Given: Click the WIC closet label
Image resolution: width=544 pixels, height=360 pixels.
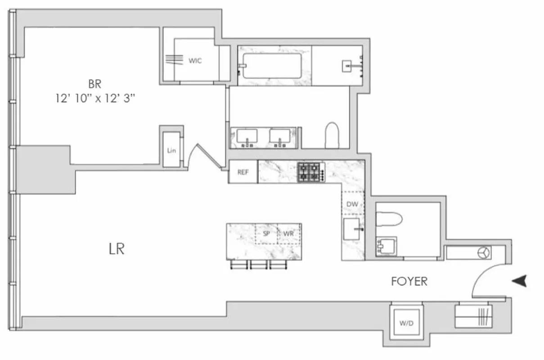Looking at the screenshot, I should pyautogui.click(x=195, y=61).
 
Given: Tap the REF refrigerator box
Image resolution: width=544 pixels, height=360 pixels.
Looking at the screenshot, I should pyautogui.click(x=243, y=171).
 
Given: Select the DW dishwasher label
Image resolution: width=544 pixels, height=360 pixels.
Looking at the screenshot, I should pyautogui.click(x=352, y=204).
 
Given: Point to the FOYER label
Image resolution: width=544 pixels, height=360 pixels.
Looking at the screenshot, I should pyautogui.click(x=409, y=282).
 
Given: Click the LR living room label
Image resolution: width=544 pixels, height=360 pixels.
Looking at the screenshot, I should pyautogui.click(x=116, y=249).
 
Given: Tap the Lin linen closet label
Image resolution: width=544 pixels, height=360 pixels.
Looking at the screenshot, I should pyautogui.click(x=171, y=151).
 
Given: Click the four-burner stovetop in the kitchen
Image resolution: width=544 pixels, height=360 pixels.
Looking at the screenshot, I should pyautogui.click(x=310, y=171).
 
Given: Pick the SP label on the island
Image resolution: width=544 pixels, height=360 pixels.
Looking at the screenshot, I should pyautogui.click(x=266, y=234).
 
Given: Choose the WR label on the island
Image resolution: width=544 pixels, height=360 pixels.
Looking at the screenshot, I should pyautogui.click(x=288, y=234).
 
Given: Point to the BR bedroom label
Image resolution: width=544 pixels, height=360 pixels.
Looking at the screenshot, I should pyautogui.click(x=94, y=84).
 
